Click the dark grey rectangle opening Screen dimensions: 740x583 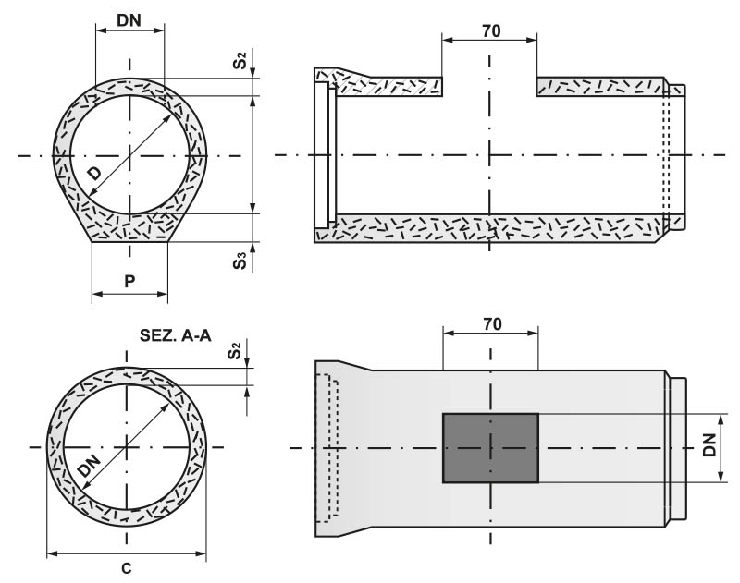[490, 448]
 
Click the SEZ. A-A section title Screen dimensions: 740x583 [175, 335]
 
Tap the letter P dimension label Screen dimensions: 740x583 [129, 281]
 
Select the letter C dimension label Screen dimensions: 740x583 [127, 568]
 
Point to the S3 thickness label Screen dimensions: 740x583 [240, 261]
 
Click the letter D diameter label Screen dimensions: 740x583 [95, 174]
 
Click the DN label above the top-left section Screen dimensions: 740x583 [129, 20]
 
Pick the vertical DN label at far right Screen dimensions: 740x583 [709, 445]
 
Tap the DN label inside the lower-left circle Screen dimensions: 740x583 [89, 465]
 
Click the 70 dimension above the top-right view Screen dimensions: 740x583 [491, 30]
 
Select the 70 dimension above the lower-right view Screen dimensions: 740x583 [492, 324]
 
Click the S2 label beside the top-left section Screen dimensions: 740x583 [240, 61]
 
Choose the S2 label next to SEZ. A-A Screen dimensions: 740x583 [234, 351]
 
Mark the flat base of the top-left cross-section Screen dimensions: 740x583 [129, 242]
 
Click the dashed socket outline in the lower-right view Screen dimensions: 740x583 [327, 448]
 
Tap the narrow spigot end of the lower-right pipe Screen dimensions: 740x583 [678, 448]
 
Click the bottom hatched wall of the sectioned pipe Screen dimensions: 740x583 [491, 228]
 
